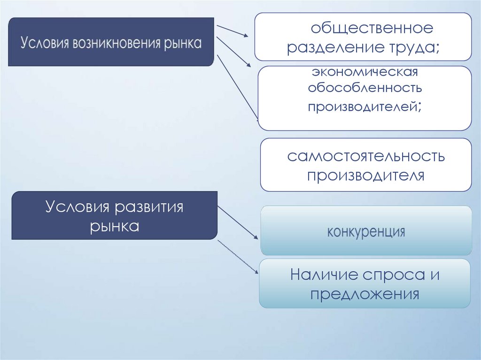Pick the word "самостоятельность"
[366, 156]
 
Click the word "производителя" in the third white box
[365, 176]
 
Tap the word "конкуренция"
[366, 232]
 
